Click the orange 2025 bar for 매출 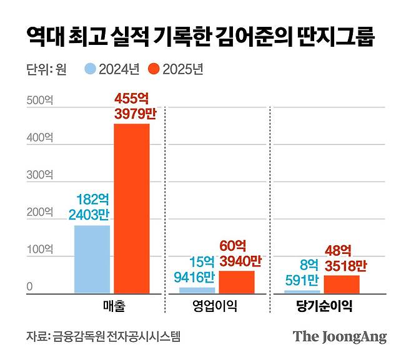131,208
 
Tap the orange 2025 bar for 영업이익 237,281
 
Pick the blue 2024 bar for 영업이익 197,290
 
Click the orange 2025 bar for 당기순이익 342,284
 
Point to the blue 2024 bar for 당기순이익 302,291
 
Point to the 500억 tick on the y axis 39,100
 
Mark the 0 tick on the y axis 29,288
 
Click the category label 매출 112,306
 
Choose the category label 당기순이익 322,306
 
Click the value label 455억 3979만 132,106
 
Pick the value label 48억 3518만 341,258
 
